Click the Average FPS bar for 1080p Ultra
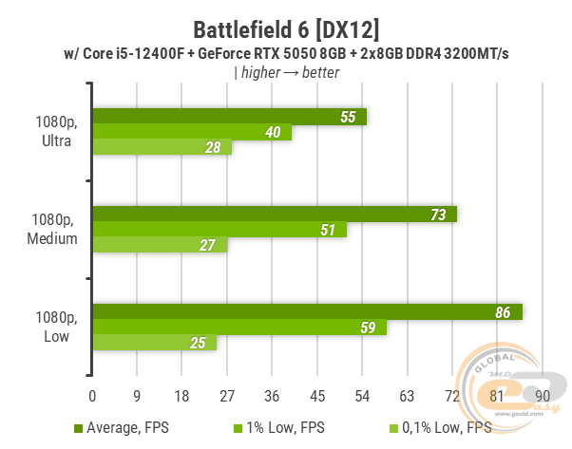click(x=228, y=117)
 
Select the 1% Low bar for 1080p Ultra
click(x=191, y=132)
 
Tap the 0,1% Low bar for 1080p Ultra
click(x=162, y=147)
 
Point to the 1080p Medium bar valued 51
click(x=219, y=230)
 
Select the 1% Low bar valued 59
click(x=238, y=328)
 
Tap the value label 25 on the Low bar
click(x=197, y=344)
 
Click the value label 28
click(x=212, y=147)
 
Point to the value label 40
click(x=272, y=132)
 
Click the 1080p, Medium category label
click(x=53, y=230)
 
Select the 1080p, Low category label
click(x=53, y=328)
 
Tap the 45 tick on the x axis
click(x=317, y=395)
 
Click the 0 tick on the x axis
click(x=92, y=395)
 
